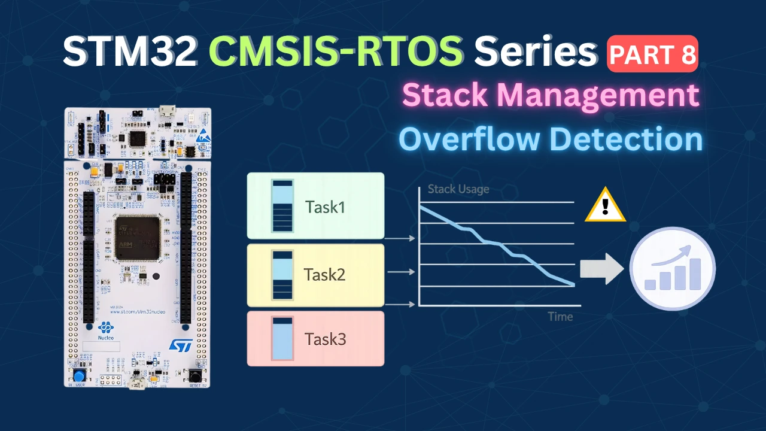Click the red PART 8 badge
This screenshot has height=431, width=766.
[653, 54]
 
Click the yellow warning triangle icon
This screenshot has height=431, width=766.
[605, 206]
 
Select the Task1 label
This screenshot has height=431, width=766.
[325, 207]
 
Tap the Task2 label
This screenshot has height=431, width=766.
[325, 275]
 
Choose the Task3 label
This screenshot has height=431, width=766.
[325, 339]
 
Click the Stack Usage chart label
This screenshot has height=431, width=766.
[458, 190]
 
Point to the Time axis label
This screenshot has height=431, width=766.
[560, 317]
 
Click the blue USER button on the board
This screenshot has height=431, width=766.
[78, 376]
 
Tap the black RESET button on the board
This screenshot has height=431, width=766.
[195, 376]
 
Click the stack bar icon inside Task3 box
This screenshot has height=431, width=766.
[282, 339]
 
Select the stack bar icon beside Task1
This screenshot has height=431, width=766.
[282, 205]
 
